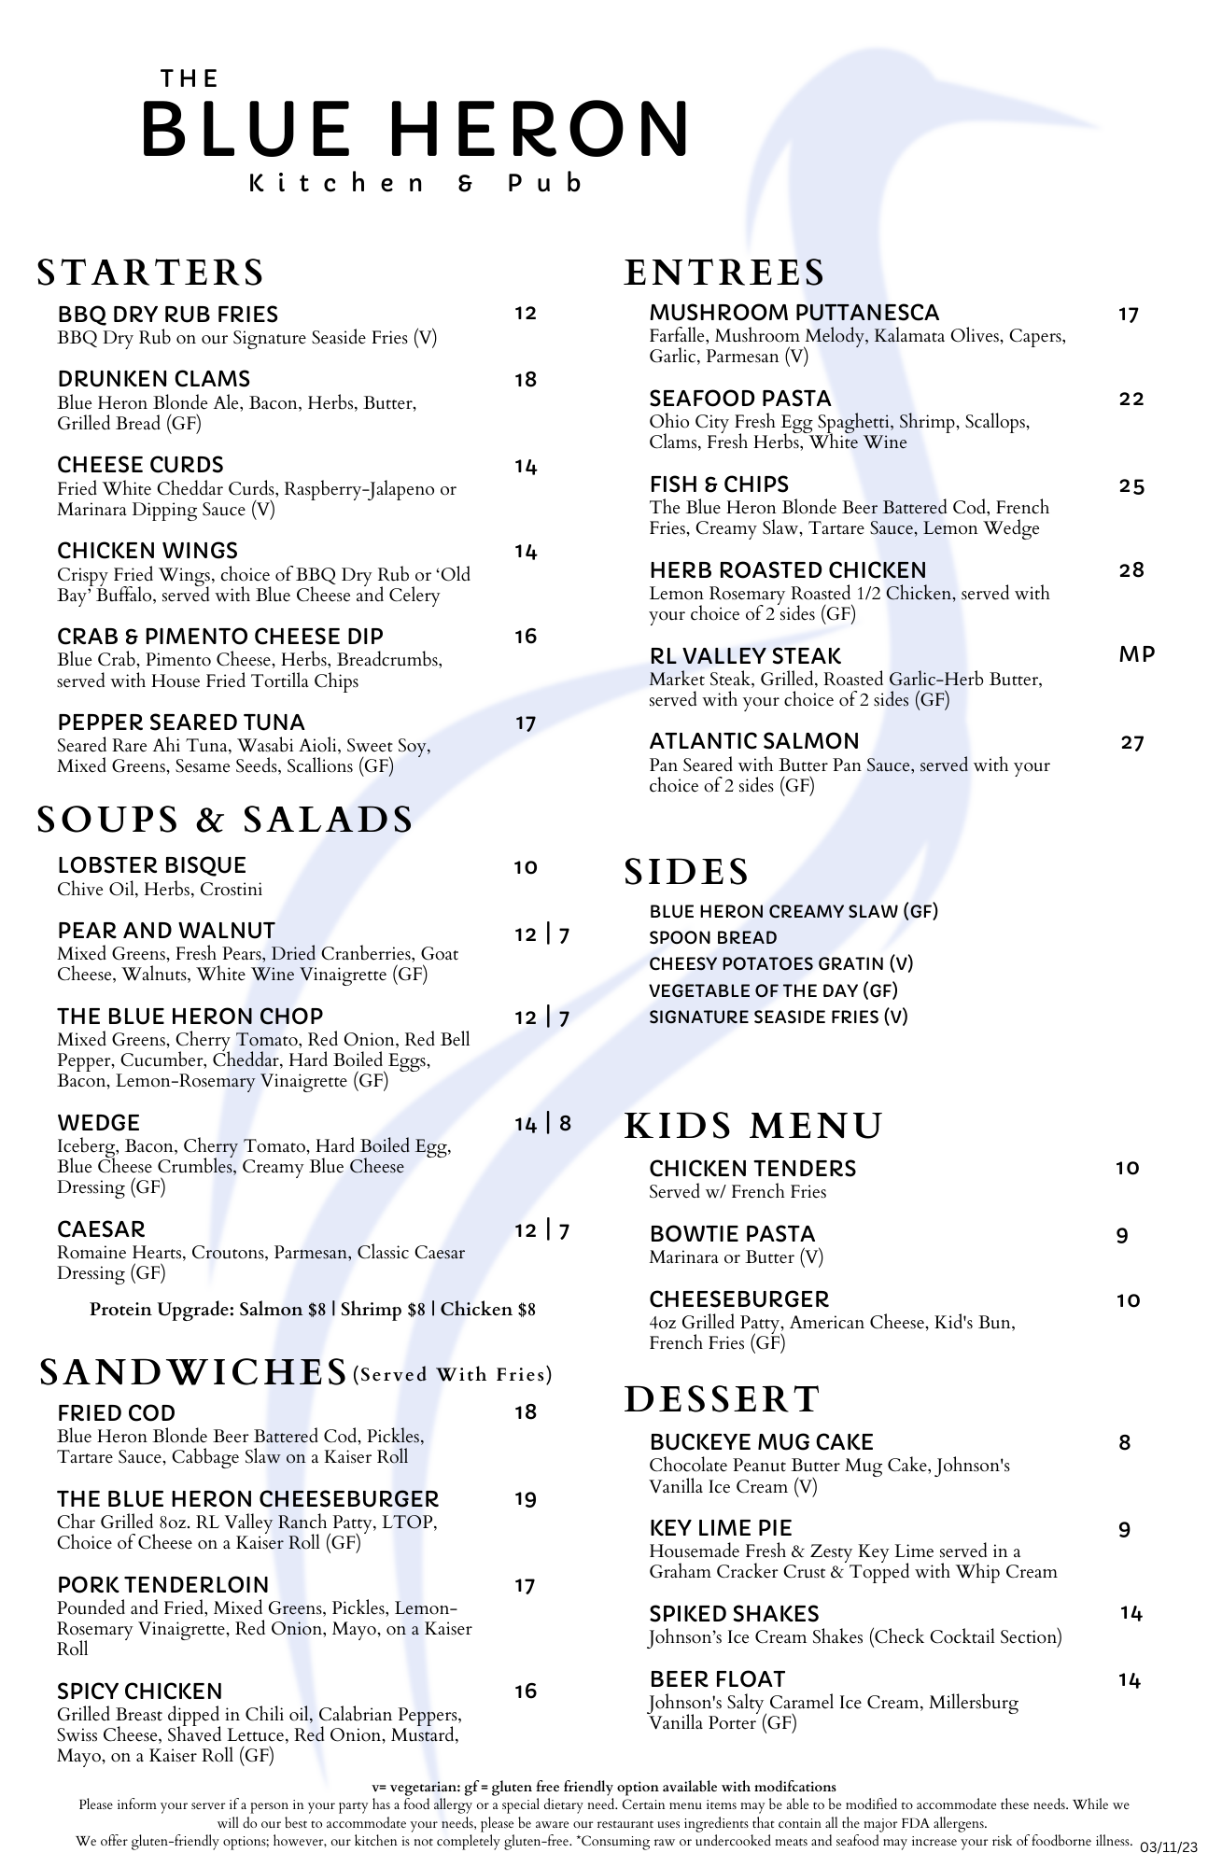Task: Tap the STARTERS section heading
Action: point(151,273)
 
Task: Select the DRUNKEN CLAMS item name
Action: point(154,379)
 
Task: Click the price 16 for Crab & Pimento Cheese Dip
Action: point(526,637)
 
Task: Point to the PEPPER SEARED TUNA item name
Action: point(181,723)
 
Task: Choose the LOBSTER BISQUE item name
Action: point(152,865)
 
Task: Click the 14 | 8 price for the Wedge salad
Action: point(542,1124)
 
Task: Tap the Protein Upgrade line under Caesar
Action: point(313,1310)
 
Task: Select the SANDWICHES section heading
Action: point(193,1372)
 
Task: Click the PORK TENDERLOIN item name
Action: point(163,1585)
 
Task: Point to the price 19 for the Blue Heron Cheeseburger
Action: point(526,1500)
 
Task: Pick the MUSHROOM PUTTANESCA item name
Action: point(794,313)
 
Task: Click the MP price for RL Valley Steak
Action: point(1136,654)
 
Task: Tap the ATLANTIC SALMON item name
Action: point(754,741)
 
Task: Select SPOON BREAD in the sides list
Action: point(713,937)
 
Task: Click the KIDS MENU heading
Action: point(753,1126)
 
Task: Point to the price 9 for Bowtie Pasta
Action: point(1122,1236)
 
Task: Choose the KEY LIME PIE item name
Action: point(721,1528)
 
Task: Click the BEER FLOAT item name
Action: point(718,1679)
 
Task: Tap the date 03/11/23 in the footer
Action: point(1168,1847)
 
